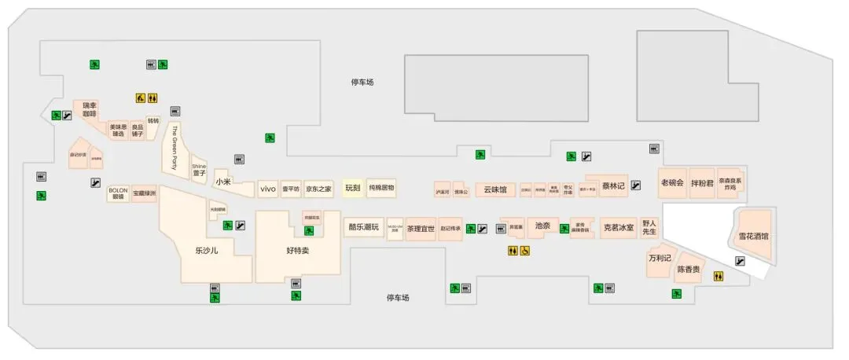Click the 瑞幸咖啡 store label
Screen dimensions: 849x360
(x=89, y=109)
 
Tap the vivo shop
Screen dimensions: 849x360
(x=268, y=189)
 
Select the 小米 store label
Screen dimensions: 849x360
(x=223, y=182)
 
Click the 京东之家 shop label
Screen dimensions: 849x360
(x=318, y=189)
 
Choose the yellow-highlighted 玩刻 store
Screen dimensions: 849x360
(x=352, y=188)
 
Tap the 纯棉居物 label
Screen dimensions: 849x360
(x=381, y=188)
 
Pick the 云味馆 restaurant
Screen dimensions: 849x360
(x=495, y=189)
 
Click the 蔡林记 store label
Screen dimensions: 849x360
(x=612, y=186)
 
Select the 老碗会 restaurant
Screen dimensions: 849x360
(x=672, y=183)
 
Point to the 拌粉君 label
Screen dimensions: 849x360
(x=701, y=183)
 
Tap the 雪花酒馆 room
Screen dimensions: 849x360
(x=753, y=236)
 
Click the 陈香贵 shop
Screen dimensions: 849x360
(x=689, y=269)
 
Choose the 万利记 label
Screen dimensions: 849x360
(x=660, y=258)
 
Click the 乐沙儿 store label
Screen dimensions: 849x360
(x=206, y=251)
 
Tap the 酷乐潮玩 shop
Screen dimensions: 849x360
(x=363, y=227)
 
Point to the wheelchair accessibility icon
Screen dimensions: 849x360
(x=525, y=251)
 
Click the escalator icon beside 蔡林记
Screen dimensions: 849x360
(x=635, y=186)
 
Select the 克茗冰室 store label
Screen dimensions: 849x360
(x=618, y=228)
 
